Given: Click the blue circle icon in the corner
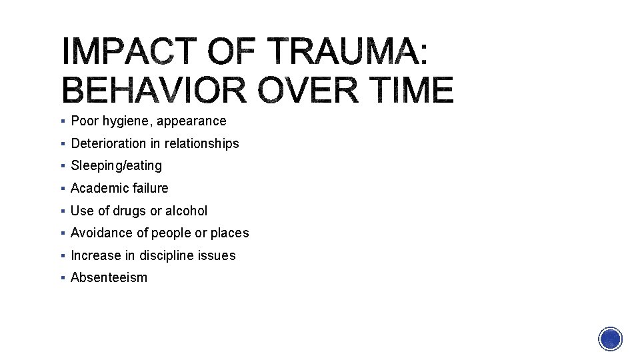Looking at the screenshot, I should pyautogui.click(x=610, y=339).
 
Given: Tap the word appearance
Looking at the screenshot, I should pyautogui.click(x=191, y=121).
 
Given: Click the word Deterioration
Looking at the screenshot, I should pyautogui.click(x=109, y=143).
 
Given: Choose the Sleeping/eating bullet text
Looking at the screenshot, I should pyautogui.click(x=116, y=165).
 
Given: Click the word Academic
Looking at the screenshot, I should pyautogui.click(x=100, y=188).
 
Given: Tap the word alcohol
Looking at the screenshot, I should pyautogui.click(x=187, y=211).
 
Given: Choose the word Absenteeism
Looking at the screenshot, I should pyautogui.click(x=109, y=277).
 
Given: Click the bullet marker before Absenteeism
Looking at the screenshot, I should pyautogui.click(x=61, y=278).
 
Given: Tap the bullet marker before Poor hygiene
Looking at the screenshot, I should pyautogui.click(x=61, y=121).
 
